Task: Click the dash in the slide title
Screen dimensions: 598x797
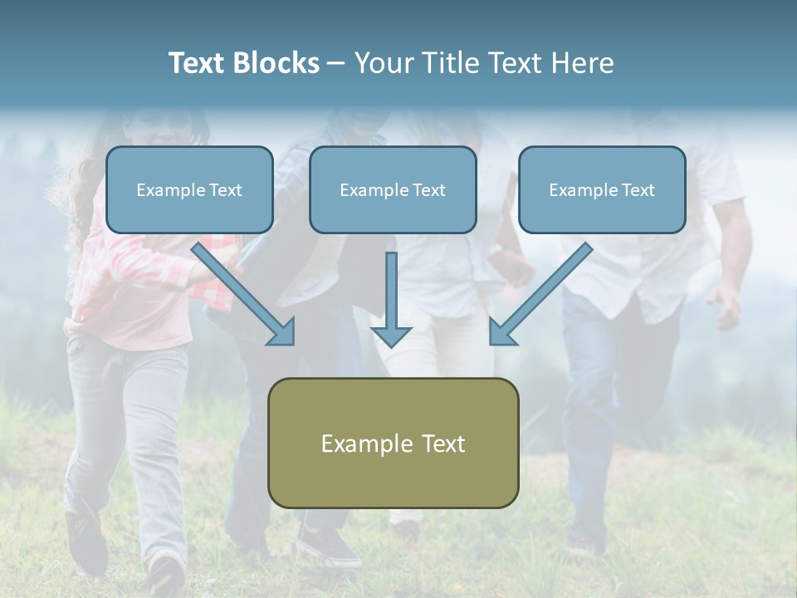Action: (336, 64)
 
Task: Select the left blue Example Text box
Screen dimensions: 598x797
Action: (189, 189)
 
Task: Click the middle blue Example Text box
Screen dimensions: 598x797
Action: (393, 189)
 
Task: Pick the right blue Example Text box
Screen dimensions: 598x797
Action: (602, 189)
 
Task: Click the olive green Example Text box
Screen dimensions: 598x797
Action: (393, 443)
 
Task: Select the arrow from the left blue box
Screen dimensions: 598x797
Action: (241, 291)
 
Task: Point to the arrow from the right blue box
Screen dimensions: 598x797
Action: (544, 291)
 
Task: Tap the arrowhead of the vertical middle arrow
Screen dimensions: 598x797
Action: (391, 336)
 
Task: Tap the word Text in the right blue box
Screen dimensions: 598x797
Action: (638, 190)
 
